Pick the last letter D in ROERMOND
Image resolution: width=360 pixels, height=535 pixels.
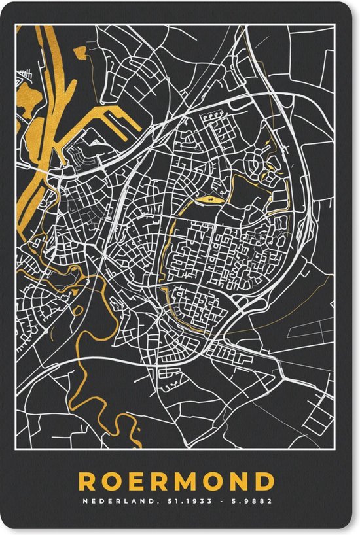(x=265, y=481)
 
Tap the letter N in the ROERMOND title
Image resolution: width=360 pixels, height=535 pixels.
(x=240, y=481)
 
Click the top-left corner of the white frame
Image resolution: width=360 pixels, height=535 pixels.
(x=16, y=25)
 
